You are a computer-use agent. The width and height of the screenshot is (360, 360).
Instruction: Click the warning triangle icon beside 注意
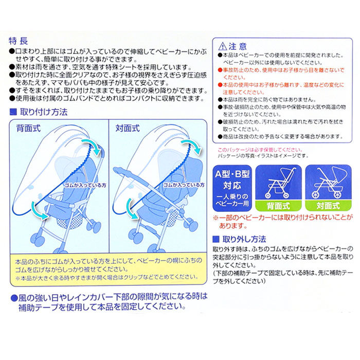click(223, 46)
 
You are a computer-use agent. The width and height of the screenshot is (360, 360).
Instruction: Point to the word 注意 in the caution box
click(239, 46)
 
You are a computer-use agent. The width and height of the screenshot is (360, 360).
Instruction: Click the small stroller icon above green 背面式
click(278, 182)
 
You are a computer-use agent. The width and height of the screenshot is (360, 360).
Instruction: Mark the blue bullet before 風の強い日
click(13, 297)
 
